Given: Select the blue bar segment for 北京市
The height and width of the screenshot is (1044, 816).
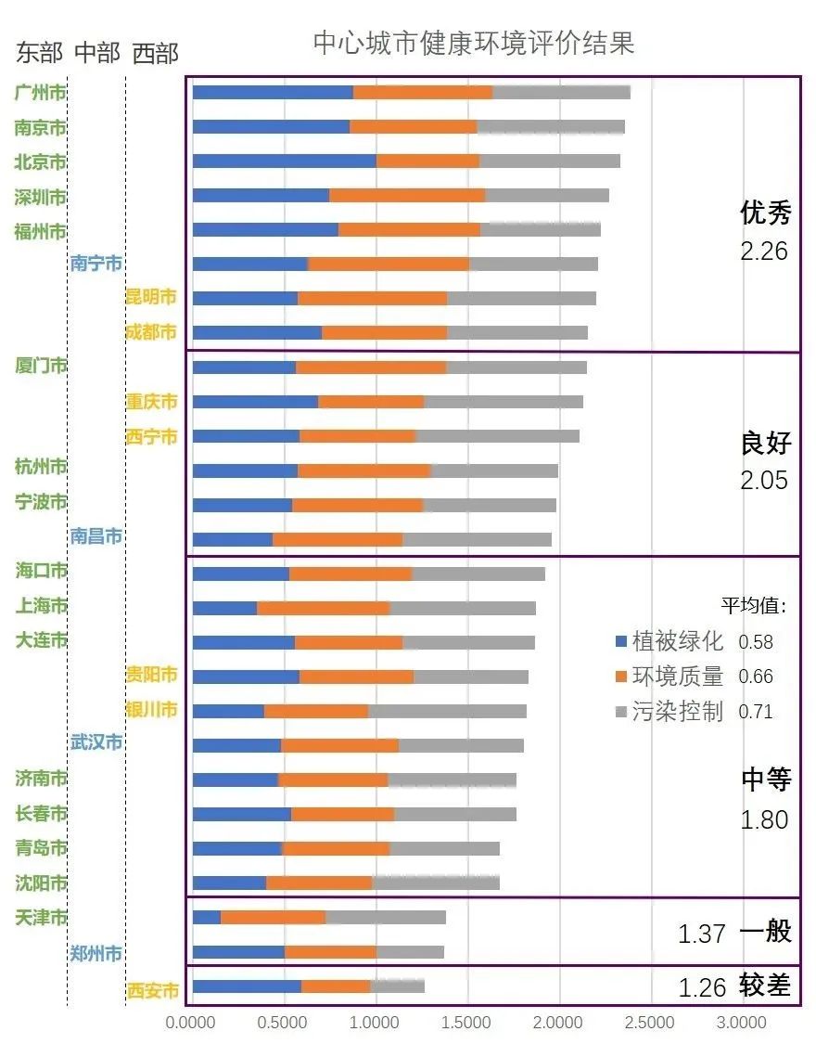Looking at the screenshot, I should [284, 161].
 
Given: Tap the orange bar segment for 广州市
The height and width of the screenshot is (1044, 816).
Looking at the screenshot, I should [423, 92].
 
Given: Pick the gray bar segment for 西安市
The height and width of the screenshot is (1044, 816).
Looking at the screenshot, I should [397, 986].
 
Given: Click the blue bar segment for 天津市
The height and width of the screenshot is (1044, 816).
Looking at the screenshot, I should [207, 918].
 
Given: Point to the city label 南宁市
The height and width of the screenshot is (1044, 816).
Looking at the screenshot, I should [96, 264].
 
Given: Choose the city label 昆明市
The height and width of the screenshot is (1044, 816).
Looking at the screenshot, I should [151, 298].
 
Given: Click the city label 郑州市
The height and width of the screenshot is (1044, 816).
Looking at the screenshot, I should [96, 953].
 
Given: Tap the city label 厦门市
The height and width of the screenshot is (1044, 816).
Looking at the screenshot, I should [42, 366].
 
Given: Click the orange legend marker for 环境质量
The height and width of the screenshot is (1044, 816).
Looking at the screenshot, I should [621, 677].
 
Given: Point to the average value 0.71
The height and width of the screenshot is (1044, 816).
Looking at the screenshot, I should [755, 712].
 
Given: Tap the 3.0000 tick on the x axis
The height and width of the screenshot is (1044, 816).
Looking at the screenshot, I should [739, 1024].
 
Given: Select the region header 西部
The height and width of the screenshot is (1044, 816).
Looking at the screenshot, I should [155, 54].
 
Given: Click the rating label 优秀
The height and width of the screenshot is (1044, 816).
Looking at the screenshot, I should [765, 214].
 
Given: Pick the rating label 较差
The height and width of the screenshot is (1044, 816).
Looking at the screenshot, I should [765, 986].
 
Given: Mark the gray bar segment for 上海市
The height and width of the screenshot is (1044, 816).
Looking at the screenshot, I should [462, 608].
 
